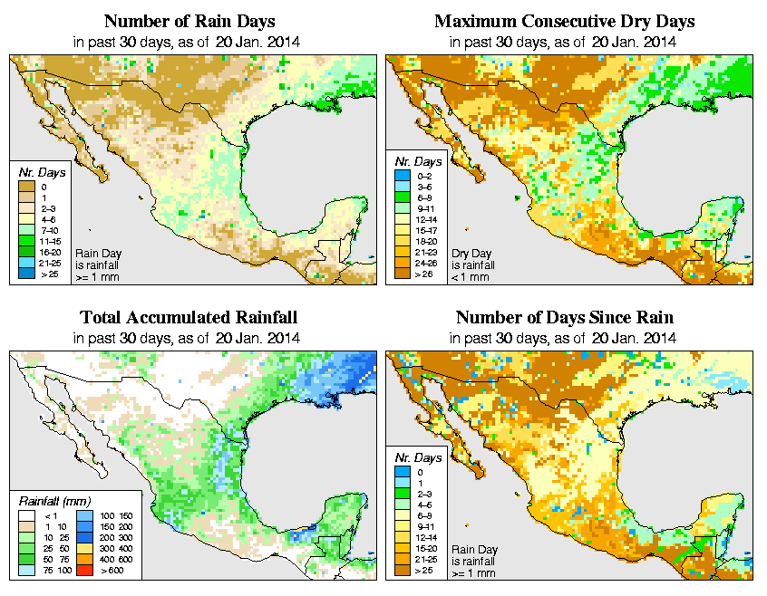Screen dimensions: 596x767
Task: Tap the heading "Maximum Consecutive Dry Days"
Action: coord(565,21)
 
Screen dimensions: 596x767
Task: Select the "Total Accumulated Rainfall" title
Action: coord(188,317)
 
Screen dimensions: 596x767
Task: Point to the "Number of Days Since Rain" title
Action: coord(565,317)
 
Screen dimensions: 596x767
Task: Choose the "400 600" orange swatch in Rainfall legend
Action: coord(84,562)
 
